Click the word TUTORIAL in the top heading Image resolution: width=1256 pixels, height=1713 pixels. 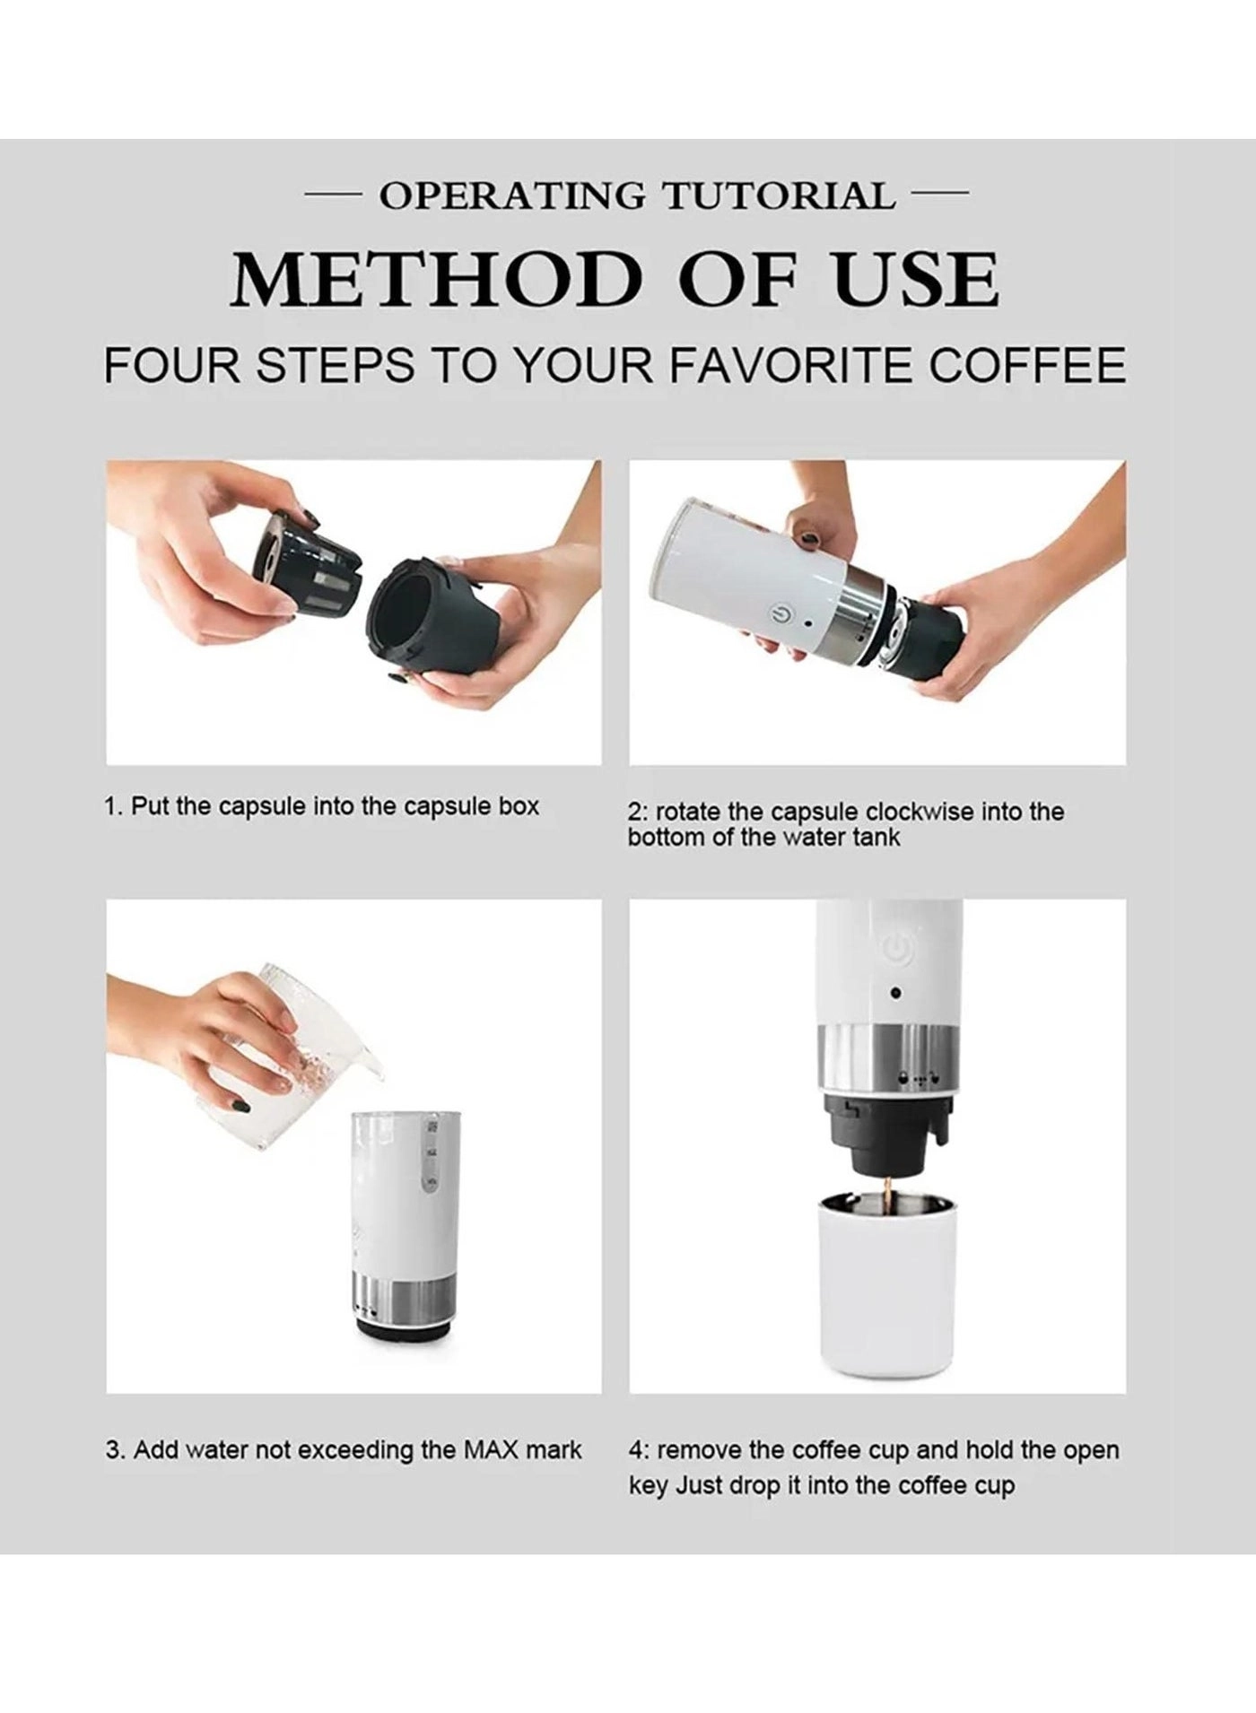(778, 196)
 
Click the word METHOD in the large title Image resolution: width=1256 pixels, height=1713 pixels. (435, 280)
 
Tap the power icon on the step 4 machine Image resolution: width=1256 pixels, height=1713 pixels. (895, 946)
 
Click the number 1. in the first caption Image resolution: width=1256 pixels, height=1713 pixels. (114, 806)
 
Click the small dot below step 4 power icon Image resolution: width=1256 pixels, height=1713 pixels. (894, 994)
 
